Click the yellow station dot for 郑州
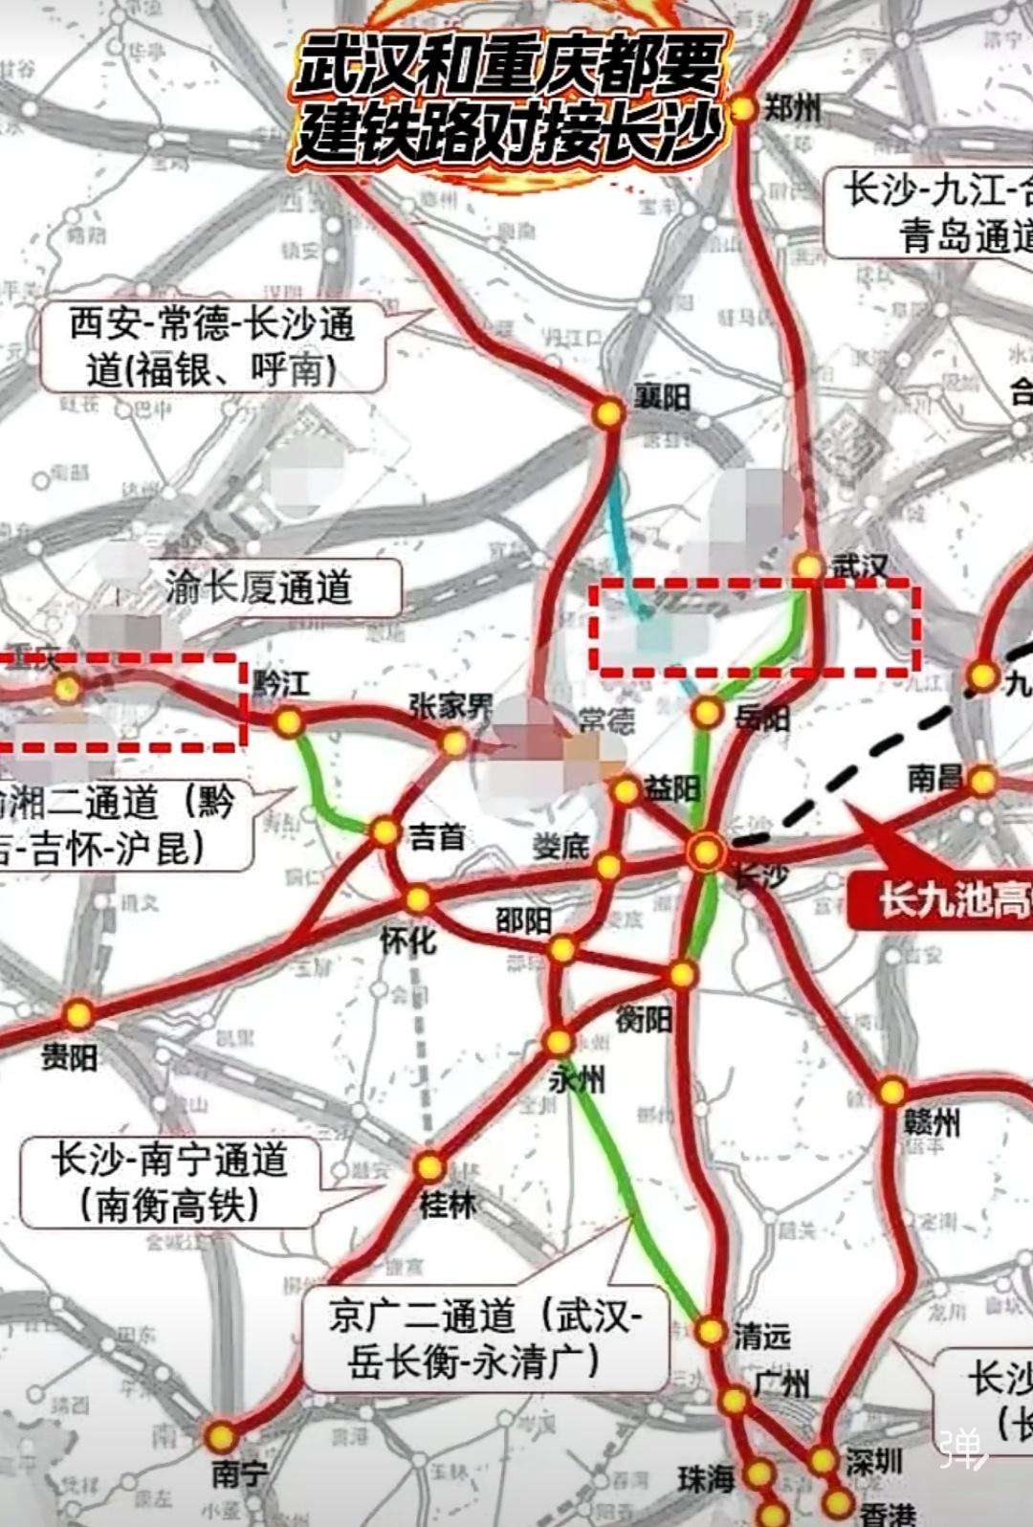pyautogui.click(x=743, y=109)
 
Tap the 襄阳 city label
pyautogui.click(x=662, y=395)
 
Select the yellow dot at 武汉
pyautogui.click(x=809, y=567)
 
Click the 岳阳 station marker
pyautogui.click(x=707, y=712)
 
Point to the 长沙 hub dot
pyautogui.click(x=706, y=851)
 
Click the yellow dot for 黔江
pyautogui.click(x=288, y=722)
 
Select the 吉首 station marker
pyautogui.click(x=385, y=831)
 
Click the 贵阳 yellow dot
pyautogui.click(x=78, y=1013)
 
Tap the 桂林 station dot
pyautogui.click(x=429, y=1166)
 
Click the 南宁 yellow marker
pyautogui.click(x=221, y=1436)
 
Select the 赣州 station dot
pyautogui.click(x=891, y=1091)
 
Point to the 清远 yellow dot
pyautogui.click(x=710, y=1331)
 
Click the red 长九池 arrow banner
pyautogui.click(x=942, y=899)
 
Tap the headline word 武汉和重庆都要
pyautogui.click(x=507, y=67)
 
